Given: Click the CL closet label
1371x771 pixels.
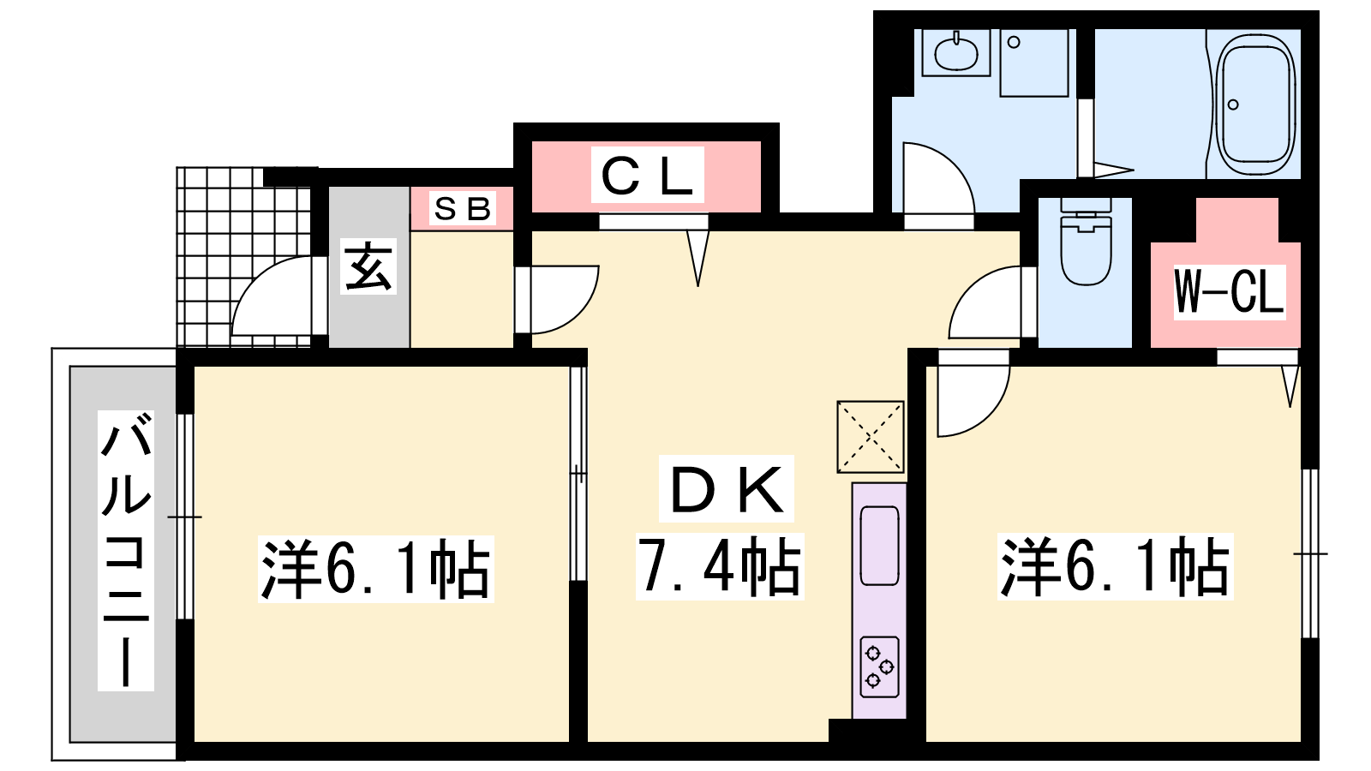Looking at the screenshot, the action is [x=647, y=176].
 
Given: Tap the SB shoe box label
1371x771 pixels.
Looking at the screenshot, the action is [x=462, y=209].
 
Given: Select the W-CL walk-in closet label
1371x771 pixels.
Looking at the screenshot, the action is [x=1229, y=292].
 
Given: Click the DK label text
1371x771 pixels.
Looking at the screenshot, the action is [x=727, y=489].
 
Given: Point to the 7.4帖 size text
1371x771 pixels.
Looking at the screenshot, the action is [x=719, y=566].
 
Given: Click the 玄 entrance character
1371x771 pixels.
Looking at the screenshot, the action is [x=368, y=266].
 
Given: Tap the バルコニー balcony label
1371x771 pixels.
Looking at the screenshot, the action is [x=125, y=550].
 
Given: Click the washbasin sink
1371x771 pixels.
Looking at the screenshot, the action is [x=955, y=52].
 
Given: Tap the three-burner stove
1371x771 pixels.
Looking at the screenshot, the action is [x=879, y=666].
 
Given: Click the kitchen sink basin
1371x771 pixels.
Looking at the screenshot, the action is [x=879, y=546].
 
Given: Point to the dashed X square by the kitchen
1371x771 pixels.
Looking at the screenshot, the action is [x=871, y=437].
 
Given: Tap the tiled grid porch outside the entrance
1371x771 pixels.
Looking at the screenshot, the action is [x=243, y=257].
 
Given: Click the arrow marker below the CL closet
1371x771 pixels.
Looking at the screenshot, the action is [x=697, y=258].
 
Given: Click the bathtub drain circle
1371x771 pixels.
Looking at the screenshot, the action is [x=1233, y=105].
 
